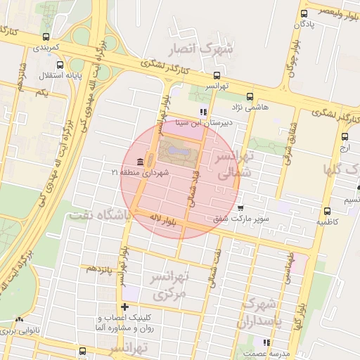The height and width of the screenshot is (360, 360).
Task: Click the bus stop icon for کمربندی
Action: (46, 37)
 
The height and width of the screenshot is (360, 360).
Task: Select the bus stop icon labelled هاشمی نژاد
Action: (250, 97)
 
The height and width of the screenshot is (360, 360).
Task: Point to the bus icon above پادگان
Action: (304, 13)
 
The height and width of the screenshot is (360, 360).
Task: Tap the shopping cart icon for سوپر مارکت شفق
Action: (240, 209)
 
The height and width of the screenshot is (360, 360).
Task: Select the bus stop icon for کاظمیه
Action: (327, 211)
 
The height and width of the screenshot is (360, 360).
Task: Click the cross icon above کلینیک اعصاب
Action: (125, 307)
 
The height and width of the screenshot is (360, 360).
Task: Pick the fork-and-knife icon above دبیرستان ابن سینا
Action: (204, 111)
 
